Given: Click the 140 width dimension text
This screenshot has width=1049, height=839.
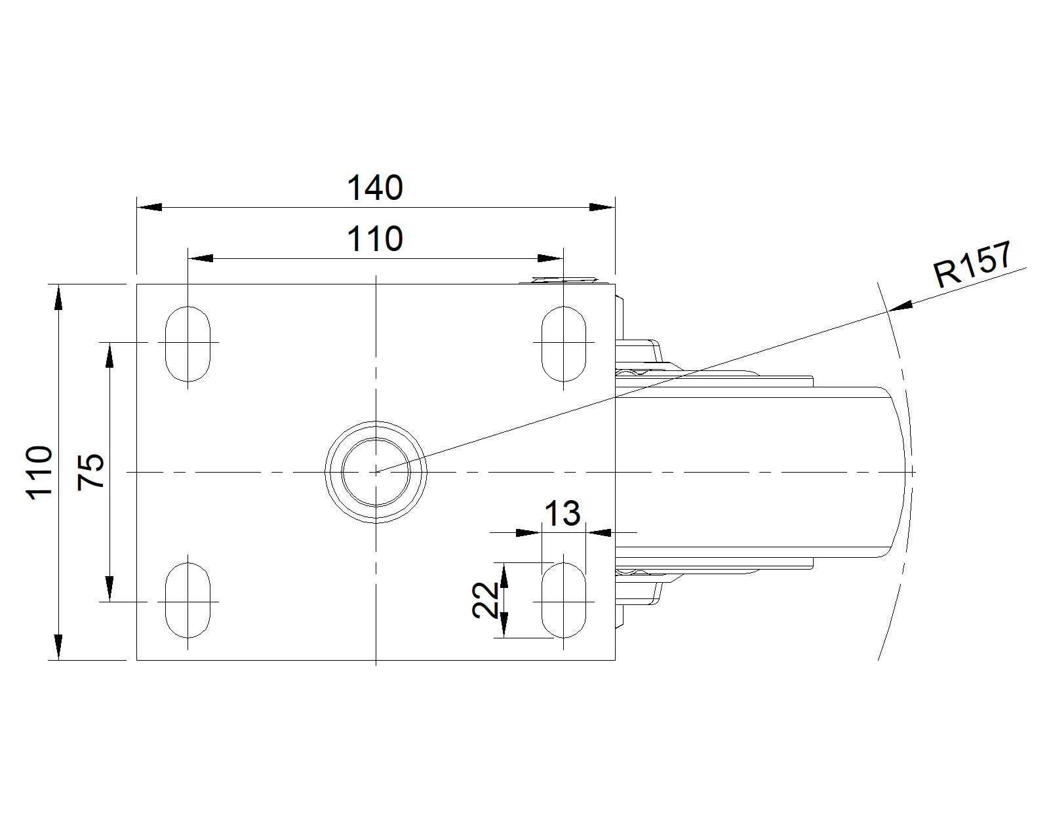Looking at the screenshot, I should point(374,188).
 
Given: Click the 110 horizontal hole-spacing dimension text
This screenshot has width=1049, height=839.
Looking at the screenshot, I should point(374,239).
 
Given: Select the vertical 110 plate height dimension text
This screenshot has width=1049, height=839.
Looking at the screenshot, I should point(39,472).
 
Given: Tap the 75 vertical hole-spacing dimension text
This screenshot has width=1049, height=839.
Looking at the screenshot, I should point(91,471).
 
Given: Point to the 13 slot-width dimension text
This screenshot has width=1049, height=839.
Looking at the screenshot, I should point(563,514).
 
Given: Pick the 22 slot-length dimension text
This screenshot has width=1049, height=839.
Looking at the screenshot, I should point(486,600).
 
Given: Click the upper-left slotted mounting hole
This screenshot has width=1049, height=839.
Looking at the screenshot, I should point(188,343).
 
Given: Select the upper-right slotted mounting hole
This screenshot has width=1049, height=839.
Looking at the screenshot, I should point(564,343).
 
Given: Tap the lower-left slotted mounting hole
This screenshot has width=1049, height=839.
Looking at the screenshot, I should point(188,600).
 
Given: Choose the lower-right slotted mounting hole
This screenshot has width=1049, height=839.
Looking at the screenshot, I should point(564,600).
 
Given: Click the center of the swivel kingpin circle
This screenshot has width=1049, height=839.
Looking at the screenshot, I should point(376,471).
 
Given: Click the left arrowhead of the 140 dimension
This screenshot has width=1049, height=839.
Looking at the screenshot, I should point(149,207).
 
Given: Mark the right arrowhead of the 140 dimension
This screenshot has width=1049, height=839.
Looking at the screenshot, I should point(602,207).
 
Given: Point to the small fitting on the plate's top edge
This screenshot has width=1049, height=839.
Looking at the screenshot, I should point(564,281).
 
